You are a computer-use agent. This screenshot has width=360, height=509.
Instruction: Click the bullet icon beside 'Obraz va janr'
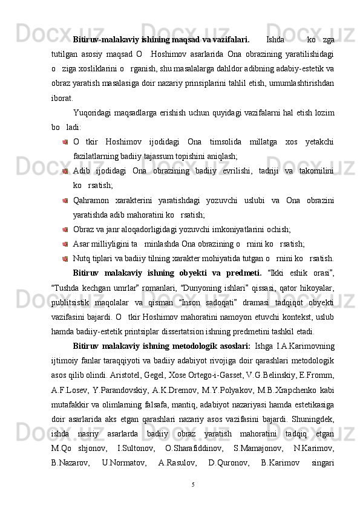pyautogui.click(x=64, y=229)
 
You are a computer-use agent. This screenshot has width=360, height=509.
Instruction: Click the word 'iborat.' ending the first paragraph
pyautogui.click(x=63, y=98)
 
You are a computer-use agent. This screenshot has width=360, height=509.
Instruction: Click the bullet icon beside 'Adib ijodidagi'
pyautogui.click(x=64, y=171)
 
